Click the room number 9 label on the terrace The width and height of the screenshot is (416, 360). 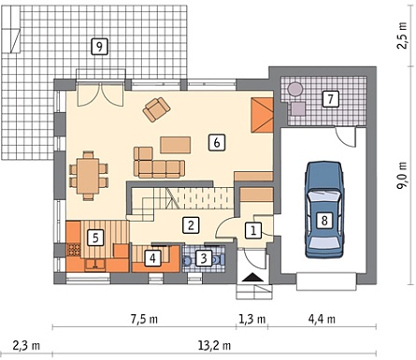99,47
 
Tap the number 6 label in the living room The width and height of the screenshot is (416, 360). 217,143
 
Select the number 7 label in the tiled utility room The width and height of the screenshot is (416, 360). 330,99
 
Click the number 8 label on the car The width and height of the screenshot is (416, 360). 324,221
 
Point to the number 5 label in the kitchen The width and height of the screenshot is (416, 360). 95,238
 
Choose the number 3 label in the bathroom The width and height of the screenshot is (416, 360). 204,258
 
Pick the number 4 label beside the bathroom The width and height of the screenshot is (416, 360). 152,258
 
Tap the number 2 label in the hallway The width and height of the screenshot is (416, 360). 191,225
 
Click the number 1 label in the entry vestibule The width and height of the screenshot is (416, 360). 253,231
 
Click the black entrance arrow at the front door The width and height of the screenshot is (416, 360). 252,277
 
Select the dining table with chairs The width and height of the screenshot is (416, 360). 89,176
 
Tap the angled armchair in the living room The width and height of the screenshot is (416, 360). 156,109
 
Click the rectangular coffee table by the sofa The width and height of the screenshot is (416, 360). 176,145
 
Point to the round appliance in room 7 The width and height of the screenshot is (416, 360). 294,90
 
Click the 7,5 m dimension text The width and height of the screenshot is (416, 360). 144,320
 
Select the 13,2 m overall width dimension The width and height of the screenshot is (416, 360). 214,345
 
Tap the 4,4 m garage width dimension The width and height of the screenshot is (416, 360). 322,320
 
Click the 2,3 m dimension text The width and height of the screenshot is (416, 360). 26,345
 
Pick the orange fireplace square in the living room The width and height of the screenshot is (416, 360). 263,115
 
